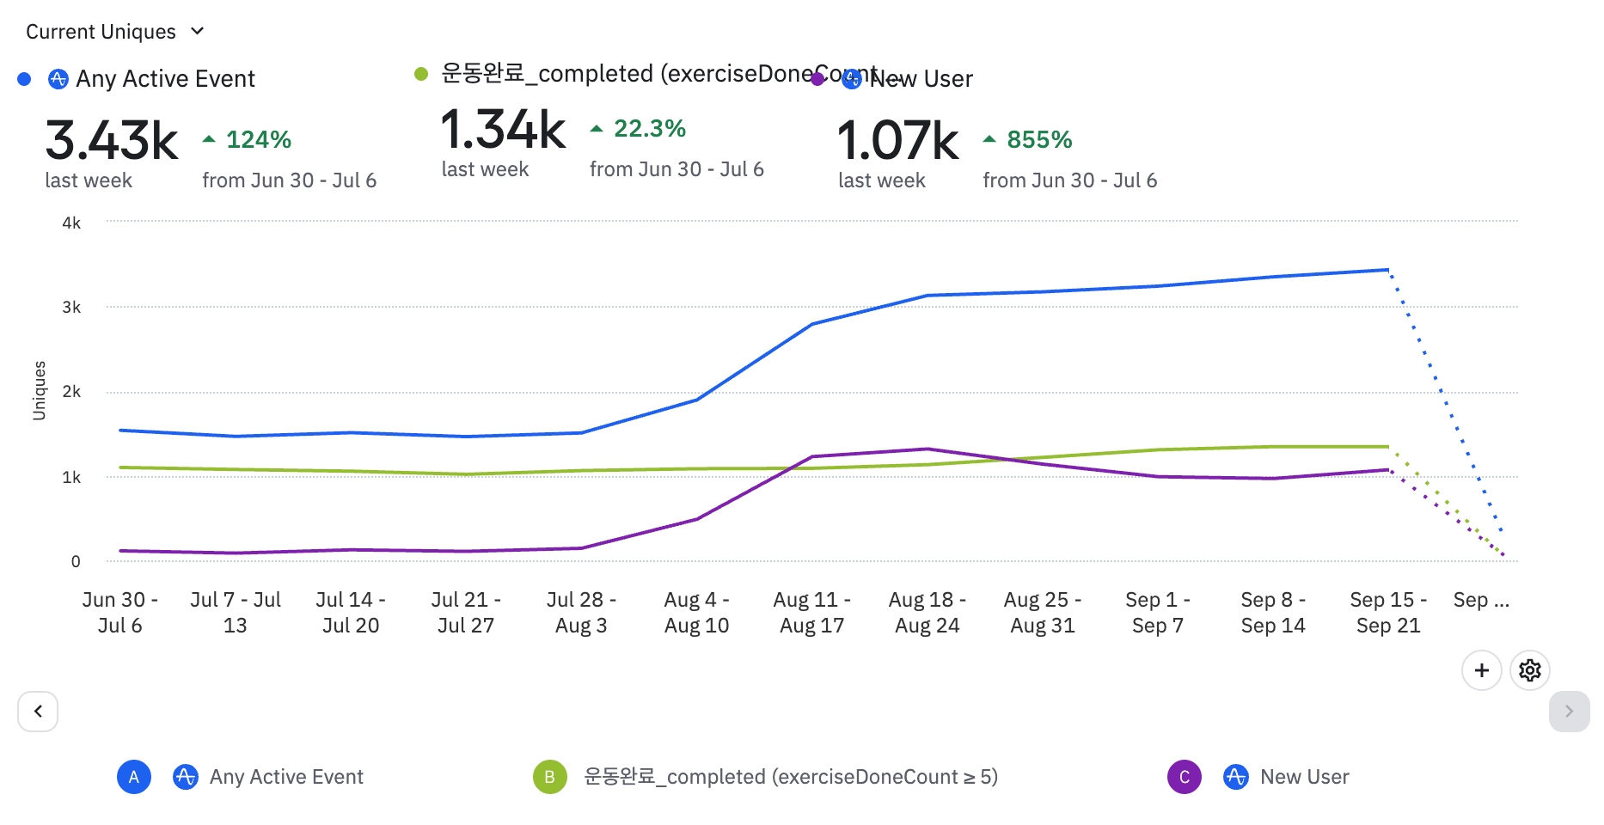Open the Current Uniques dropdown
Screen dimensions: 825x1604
pos(115,32)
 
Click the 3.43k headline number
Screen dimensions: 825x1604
pos(112,141)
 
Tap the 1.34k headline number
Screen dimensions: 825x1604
pos(503,130)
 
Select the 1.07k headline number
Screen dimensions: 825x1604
pos(897,141)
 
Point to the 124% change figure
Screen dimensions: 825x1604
pos(258,139)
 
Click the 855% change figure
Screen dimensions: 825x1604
pos(1038,139)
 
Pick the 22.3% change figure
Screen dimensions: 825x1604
pos(649,129)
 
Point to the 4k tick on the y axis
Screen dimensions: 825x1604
pos(71,223)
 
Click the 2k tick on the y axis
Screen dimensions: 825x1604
pos(71,392)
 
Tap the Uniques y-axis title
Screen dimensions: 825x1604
pos(40,391)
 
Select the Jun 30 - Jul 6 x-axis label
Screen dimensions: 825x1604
pos(120,612)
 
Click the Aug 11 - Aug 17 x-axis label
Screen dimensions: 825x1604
pos(811,612)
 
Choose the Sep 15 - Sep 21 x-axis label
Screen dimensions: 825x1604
pos(1388,612)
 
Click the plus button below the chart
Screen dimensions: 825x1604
pos(1481,670)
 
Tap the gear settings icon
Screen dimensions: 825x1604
pos(1530,670)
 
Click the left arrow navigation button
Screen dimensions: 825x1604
pos(38,712)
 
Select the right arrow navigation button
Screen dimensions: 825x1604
pos(1569,712)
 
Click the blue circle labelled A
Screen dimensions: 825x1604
pos(134,777)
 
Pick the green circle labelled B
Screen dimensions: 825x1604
pos(550,777)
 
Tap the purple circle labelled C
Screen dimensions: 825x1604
pos(1184,777)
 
